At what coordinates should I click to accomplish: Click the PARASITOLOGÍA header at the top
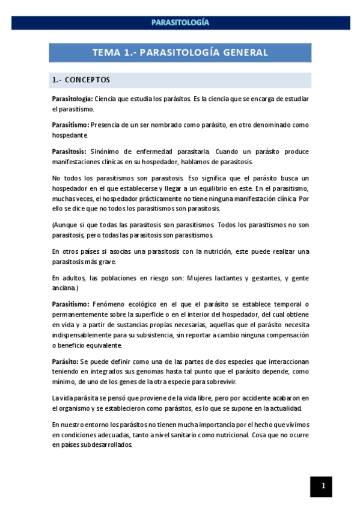(180, 23)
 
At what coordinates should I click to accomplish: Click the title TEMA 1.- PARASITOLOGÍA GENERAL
(180, 52)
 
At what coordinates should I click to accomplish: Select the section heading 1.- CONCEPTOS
(81, 80)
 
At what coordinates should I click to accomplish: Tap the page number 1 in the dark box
(323, 486)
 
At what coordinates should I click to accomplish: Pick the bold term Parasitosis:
(69, 152)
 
